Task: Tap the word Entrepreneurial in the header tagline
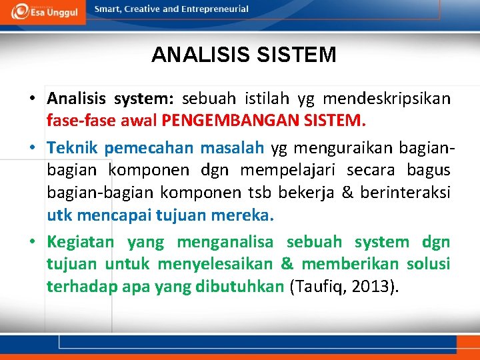tap(214, 9)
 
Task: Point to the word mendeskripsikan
tap(387, 99)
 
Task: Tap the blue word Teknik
tap(73, 148)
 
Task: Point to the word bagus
tap(425, 171)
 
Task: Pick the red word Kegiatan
tap(80, 242)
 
